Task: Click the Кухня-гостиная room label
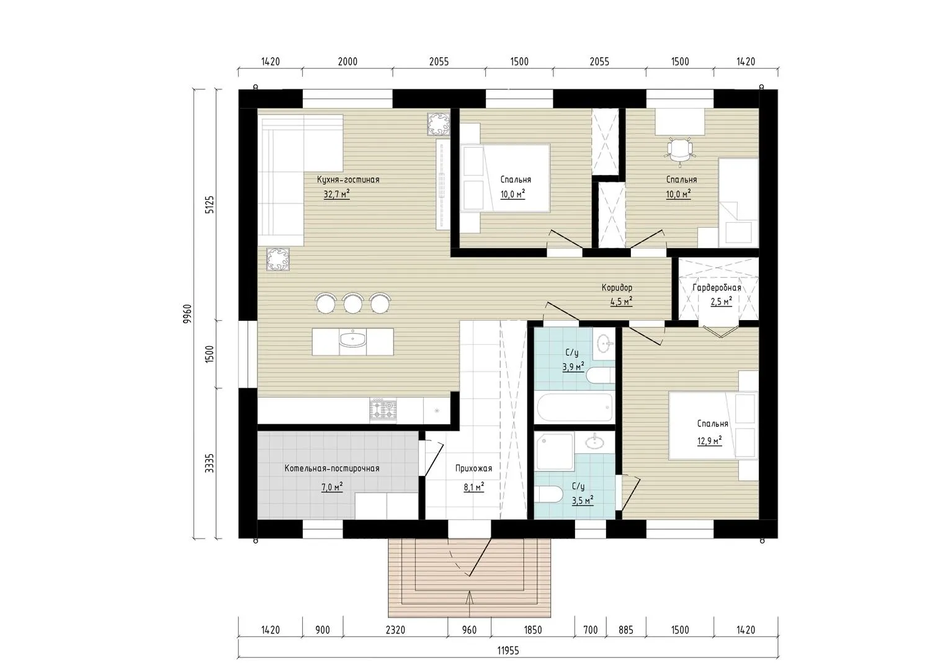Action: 348,179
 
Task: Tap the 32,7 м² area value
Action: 336,194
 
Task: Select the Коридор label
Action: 617,288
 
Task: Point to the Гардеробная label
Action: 717,288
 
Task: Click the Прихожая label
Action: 473,468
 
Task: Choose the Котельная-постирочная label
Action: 332,468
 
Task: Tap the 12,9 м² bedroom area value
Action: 710,440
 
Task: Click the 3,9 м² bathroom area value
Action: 573,367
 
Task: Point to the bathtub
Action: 575,407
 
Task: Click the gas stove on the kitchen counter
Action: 383,410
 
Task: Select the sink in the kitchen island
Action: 352,339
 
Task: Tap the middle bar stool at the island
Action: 353,303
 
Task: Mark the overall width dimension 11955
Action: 508,651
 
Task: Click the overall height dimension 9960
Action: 187,314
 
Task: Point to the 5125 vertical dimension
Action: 210,205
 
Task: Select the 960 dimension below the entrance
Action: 469,630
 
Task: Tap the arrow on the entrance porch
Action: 469,604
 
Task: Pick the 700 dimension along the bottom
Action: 591,630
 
